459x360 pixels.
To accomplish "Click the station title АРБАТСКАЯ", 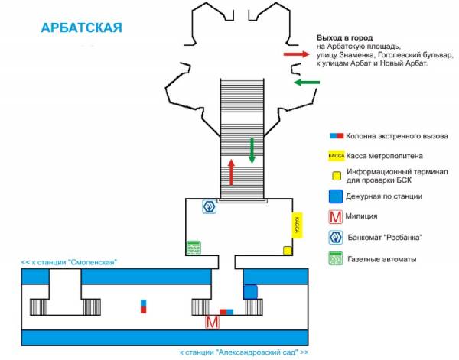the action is tap(81, 28).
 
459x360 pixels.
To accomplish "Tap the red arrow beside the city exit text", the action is tap(297, 54).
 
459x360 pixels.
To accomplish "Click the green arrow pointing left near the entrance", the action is tap(307, 83).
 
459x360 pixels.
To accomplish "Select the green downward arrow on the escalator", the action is tap(252, 151).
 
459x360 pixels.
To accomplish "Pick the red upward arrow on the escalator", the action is tap(231, 172).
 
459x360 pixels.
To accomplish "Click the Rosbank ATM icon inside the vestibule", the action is tap(210, 206).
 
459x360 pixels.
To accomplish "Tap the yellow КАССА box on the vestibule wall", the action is tap(297, 225).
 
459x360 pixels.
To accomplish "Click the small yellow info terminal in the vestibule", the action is tap(288, 251).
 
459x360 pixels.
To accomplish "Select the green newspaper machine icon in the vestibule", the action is tap(194, 248).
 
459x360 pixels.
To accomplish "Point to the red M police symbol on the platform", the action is tap(212, 323).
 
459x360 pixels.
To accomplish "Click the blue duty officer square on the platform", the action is tap(251, 292).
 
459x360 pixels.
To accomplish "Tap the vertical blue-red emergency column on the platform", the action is tap(144, 306).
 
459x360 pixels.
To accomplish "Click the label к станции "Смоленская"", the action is tap(69, 262).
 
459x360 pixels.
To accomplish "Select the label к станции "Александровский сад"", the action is tap(244, 352).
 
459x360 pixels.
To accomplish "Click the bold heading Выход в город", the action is tap(344, 38).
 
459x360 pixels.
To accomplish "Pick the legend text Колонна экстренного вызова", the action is tap(397, 136).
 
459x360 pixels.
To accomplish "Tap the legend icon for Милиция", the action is tap(336, 217).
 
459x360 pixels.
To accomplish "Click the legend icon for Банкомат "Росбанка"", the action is tap(336, 238).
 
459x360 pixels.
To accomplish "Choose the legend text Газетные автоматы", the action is tap(382, 259).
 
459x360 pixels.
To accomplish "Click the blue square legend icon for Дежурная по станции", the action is tap(336, 196).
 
